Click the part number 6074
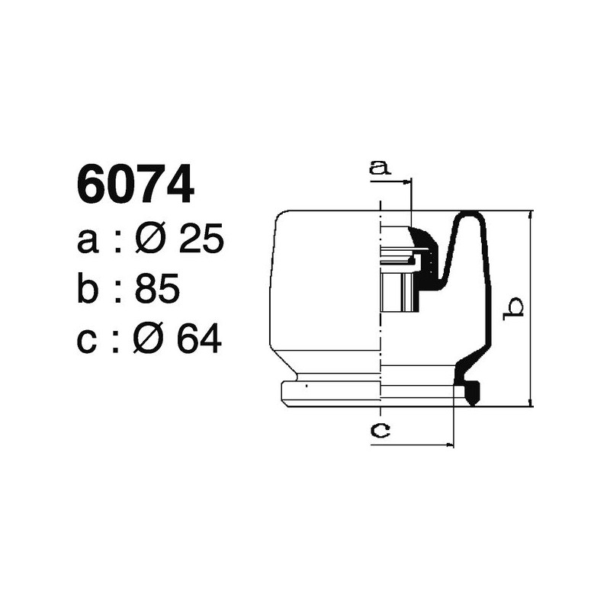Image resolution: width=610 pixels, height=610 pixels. pyautogui.click(x=135, y=186)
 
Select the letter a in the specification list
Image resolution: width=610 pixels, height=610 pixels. pyautogui.click(x=88, y=242)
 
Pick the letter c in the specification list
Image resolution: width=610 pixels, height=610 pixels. pyautogui.click(x=88, y=340)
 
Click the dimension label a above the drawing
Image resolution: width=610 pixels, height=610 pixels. pyautogui.click(x=379, y=167)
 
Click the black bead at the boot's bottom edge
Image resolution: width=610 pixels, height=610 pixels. pyautogui.click(x=472, y=393)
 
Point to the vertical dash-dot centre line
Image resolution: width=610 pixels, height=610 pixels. pyautogui.click(x=380, y=305)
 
